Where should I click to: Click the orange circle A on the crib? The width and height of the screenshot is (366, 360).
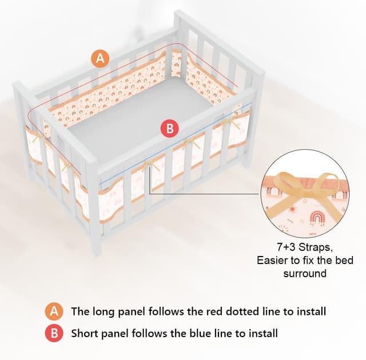tap(101, 58)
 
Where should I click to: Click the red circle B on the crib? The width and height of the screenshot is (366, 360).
tap(170, 129)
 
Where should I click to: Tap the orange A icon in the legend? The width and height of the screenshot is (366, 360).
tap(54, 311)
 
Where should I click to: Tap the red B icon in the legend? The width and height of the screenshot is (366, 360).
tap(54, 333)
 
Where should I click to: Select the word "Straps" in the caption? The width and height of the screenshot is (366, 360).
tap(316, 247)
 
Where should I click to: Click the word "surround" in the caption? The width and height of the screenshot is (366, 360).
tap(305, 273)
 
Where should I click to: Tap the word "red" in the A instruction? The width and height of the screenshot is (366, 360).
tap(212, 311)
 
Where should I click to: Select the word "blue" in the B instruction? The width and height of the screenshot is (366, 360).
tap(200, 333)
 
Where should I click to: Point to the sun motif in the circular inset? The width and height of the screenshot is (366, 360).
tap(292, 209)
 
